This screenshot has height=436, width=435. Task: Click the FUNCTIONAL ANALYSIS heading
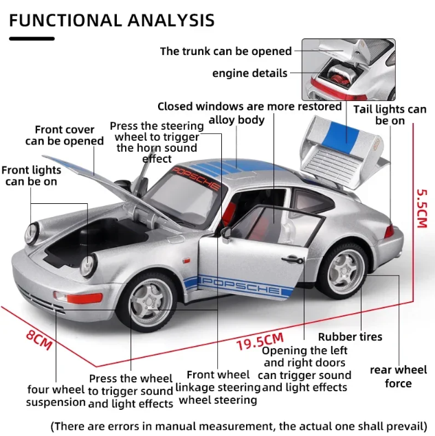[x=111, y=20]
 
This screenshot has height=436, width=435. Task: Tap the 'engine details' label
[x=249, y=73]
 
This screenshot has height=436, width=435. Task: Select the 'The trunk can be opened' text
[x=225, y=51]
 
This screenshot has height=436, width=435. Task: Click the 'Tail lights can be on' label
[x=390, y=115]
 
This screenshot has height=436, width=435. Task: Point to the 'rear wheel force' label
[x=399, y=376]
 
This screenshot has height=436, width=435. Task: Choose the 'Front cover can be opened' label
[x=65, y=135]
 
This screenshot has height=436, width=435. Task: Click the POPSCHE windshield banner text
[x=196, y=178]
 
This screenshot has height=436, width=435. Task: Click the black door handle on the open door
[x=293, y=260]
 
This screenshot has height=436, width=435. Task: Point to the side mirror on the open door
[x=225, y=233]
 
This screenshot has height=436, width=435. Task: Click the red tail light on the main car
[x=390, y=231]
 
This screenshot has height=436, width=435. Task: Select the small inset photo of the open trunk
[x=348, y=69]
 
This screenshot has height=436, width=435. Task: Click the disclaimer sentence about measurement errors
[x=239, y=426]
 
